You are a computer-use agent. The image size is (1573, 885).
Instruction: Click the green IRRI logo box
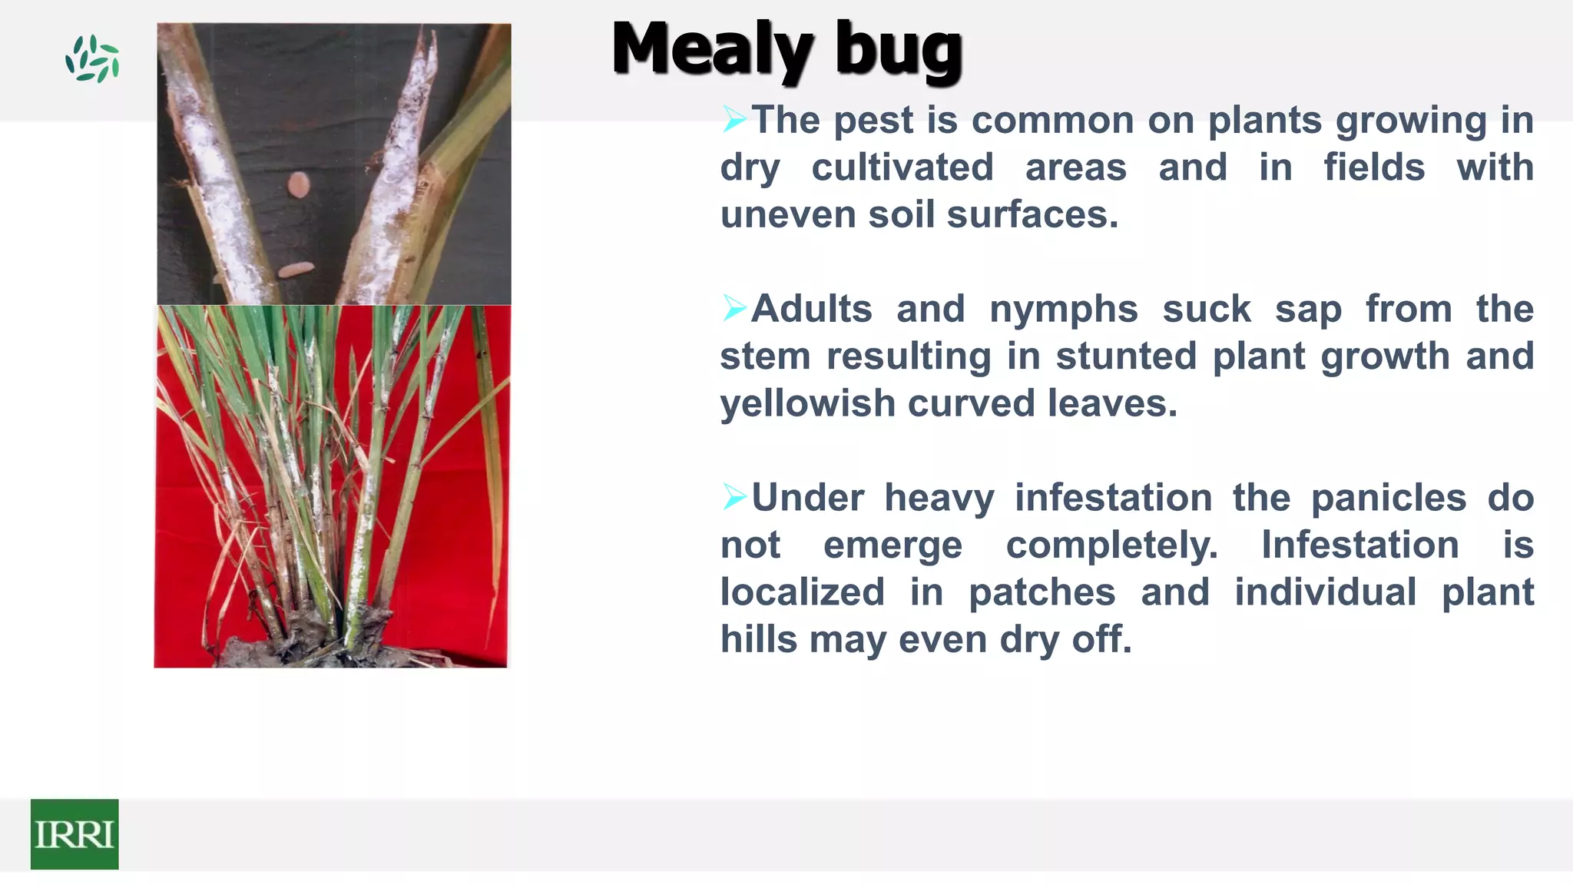click(x=75, y=834)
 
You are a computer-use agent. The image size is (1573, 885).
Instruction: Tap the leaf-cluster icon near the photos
click(x=92, y=58)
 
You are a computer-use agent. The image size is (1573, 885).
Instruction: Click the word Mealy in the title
click(x=711, y=50)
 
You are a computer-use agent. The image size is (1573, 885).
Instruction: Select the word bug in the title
click(x=898, y=52)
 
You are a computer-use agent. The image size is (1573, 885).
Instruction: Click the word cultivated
click(x=902, y=167)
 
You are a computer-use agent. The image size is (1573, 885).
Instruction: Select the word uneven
click(x=787, y=214)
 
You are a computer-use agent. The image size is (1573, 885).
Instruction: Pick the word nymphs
click(x=1063, y=309)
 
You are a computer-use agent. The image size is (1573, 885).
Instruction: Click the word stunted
click(x=1126, y=356)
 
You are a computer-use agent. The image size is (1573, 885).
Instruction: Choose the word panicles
click(x=1388, y=498)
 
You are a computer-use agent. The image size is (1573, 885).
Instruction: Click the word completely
click(x=1111, y=545)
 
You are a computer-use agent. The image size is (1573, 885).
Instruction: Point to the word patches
click(x=1041, y=592)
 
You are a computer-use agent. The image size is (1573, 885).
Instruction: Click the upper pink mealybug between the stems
click(x=298, y=184)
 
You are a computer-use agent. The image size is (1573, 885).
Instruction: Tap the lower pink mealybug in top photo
click(x=296, y=270)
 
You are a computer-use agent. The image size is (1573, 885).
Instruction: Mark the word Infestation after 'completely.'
click(x=1359, y=545)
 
